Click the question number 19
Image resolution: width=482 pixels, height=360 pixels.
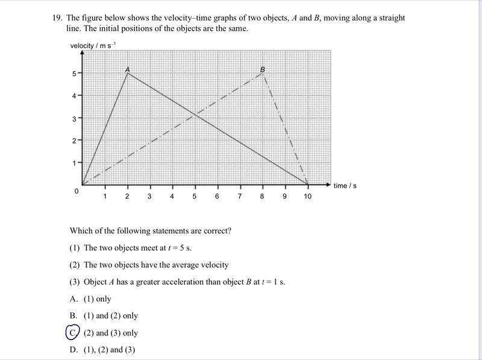coord(57,18)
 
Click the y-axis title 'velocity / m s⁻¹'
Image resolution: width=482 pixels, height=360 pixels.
coord(93,46)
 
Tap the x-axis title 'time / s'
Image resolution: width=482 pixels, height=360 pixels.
coord(345,186)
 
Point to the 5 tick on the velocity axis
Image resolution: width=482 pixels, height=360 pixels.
coord(74,74)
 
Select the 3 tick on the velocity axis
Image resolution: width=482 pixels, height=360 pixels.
coord(74,119)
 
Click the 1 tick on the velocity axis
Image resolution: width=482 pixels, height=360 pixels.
coord(74,163)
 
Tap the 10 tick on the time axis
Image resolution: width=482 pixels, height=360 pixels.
coord(307,197)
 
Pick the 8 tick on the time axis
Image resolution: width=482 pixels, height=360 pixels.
coord(262,197)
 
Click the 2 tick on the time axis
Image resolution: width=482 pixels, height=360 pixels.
coord(127,197)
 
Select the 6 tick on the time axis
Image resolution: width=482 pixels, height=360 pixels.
coord(217,197)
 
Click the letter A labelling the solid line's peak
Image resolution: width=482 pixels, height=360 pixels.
coord(127,69)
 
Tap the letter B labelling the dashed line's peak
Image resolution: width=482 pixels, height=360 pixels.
coord(262,69)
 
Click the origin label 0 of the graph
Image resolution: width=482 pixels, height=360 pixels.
coord(77,191)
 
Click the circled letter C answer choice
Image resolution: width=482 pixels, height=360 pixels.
coord(72,333)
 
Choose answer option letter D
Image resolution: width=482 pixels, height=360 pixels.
coord(73,350)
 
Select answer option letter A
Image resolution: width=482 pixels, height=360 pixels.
coord(73,298)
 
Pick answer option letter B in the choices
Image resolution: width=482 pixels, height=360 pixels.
coord(73,315)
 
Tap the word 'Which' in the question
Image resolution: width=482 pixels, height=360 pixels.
coord(81,231)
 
